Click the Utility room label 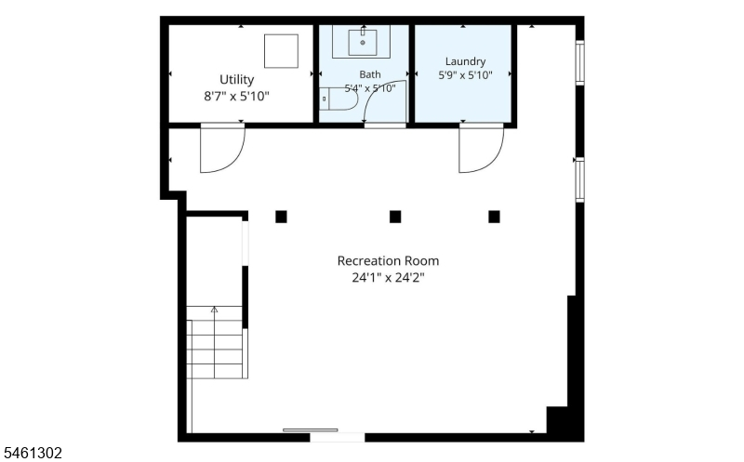point(236,80)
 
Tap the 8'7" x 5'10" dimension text point(236,97)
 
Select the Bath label point(369,74)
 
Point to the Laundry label point(465,61)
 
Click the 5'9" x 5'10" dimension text point(465,75)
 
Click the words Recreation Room point(388,261)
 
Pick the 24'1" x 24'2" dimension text point(388,278)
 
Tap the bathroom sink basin point(363,43)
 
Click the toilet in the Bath point(338,99)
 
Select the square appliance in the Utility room point(282,51)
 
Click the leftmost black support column point(281,217)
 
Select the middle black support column point(395,217)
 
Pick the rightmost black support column point(494,217)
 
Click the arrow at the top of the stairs point(214,310)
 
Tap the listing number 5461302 point(33,453)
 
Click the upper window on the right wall point(579,62)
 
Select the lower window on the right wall point(579,179)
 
